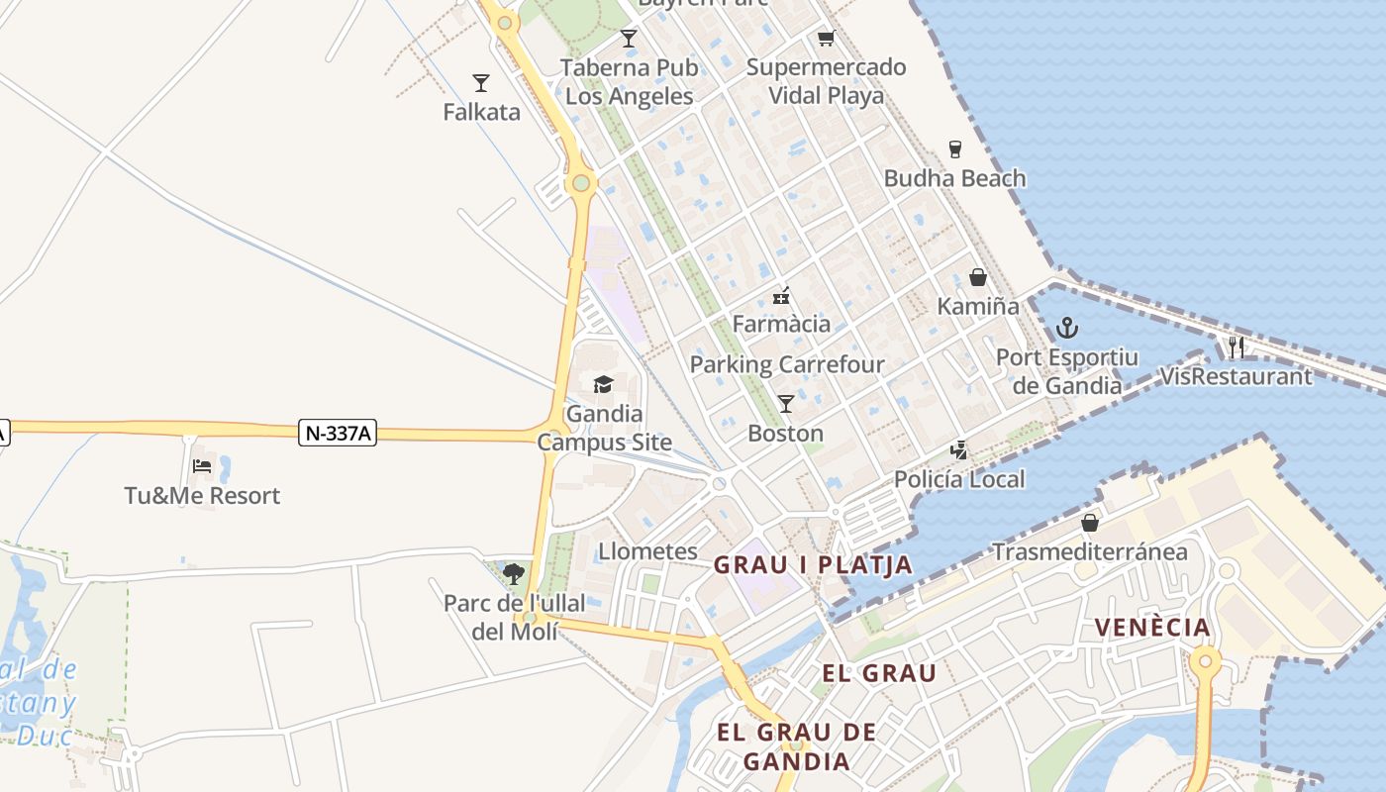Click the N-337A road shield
[x=338, y=433]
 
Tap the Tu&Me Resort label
[x=202, y=495]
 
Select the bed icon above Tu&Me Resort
[x=202, y=465]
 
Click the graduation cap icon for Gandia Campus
[x=603, y=384]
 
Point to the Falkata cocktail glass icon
[x=481, y=83]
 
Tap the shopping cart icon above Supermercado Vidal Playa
[x=826, y=39]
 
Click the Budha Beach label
[x=954, y=178]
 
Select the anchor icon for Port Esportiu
[x=1066, y=328]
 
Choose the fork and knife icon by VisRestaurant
[x=1236, y=347]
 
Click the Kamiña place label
[x=978, y=306]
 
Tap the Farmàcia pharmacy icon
[x=781, y=295]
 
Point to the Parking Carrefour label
[x=787, y=364]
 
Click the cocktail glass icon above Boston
[x=786, y=404]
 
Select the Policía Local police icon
[x=958, y=450]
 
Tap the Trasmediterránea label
[x=1090, y=551]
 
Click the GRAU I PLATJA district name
[x=813, y=565]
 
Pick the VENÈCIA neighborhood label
[x=1152, y=628]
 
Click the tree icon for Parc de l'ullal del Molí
[x=514, y=573]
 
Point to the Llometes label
[x=647, y=551]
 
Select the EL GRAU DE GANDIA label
[x=796, y=746]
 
